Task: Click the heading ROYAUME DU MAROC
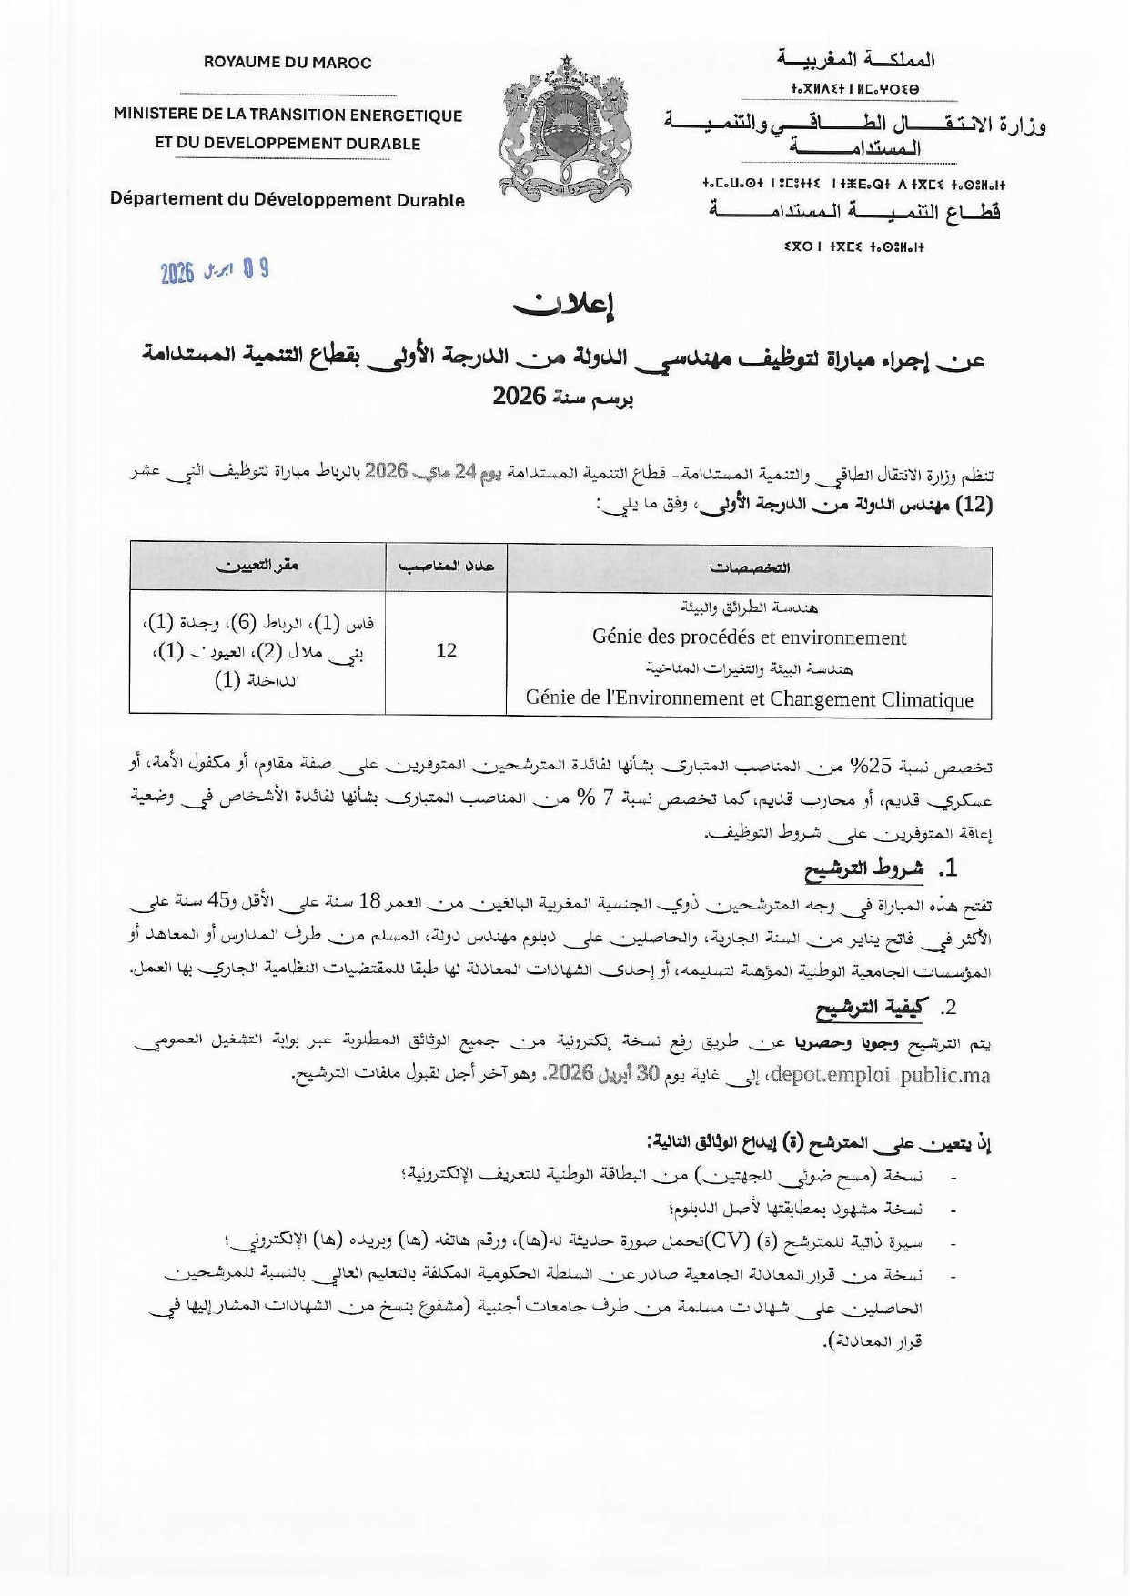(x=288, y=63)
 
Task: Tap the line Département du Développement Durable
(x=288, y=199)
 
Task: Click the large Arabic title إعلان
(x=564, y=306)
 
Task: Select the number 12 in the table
(x=446, y=650)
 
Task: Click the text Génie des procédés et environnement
(x=749, y=637)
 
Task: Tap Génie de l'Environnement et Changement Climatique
(x=749, y=699)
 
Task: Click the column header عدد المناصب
(x=446, y=566)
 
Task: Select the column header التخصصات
(x=749, y=567)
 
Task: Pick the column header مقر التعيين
(x=257, y=566)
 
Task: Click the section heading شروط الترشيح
(x=863, y=869)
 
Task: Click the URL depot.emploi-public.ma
(x=881, y=1075)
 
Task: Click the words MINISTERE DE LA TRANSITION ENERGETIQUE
(x=288, y=115)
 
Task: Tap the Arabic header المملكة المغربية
(x=855, y=60)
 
